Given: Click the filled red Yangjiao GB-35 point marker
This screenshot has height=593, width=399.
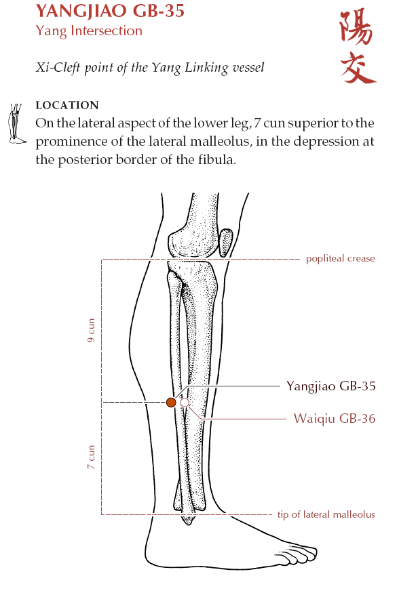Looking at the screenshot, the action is point(171,403).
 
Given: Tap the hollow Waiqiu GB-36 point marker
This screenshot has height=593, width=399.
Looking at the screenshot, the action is point(185,403).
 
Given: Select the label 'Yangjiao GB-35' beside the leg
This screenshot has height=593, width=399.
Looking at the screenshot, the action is point(331,386).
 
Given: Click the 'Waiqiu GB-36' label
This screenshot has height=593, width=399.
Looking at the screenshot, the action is point(335,419).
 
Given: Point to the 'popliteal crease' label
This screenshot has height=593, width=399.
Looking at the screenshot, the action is point(341,259).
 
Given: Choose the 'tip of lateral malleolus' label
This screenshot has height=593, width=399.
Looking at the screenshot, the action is point(326,514).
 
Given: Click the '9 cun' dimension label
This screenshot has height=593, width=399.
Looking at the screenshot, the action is point(91,331).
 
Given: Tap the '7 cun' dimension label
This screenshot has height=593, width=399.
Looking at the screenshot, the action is point(91,457).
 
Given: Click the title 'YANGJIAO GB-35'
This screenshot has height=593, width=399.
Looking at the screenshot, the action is point(110,11).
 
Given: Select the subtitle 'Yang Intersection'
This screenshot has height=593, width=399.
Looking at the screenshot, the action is point(89,30).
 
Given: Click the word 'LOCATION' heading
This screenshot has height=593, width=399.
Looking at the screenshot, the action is point(67,105).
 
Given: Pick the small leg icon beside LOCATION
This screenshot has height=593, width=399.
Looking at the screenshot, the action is point(16,123).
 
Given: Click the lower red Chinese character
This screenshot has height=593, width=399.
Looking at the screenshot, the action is point(358,67).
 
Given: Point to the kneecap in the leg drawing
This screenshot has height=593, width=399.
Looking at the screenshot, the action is point(226,243).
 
